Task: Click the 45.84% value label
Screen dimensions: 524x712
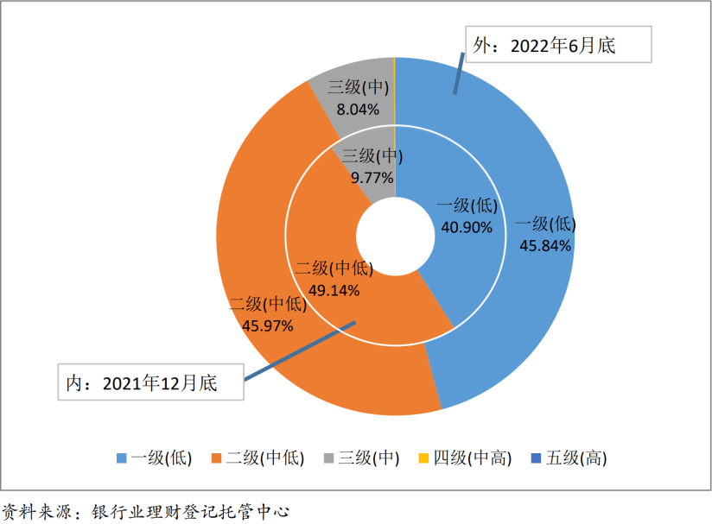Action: (545, 245)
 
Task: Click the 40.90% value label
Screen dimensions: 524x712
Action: (467, 228)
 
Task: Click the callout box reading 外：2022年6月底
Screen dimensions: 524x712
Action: (557, 45)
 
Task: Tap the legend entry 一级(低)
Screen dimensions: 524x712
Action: (155, 458)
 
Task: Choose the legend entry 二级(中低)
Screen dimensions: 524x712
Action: (258, 458)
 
